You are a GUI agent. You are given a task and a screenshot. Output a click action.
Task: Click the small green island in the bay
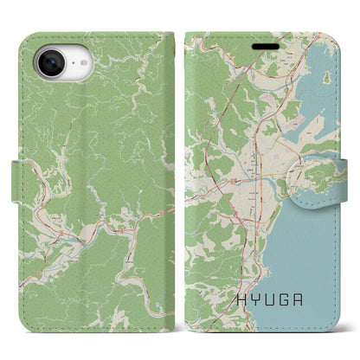coord(326,78)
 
